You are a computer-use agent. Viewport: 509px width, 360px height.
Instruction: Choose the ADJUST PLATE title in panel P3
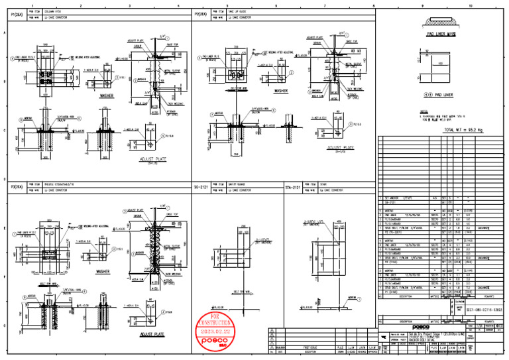coord(151,335)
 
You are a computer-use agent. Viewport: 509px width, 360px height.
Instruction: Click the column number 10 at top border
coord(470,5)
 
